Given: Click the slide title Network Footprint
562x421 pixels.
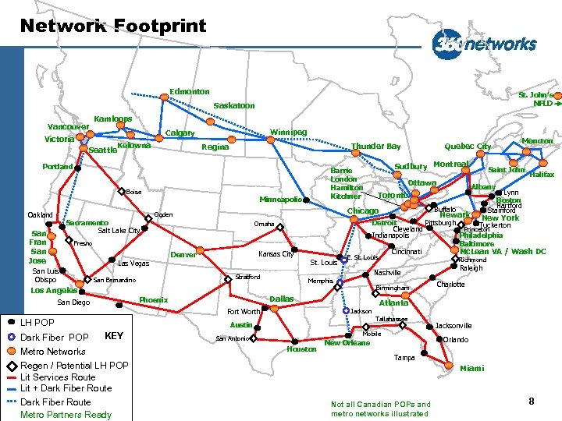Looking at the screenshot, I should click(113, 27).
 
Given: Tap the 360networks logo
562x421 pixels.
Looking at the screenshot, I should click(485, 43).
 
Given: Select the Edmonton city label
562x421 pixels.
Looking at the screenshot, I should click(190, 92).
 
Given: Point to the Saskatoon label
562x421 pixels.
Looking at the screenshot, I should click(234, 105).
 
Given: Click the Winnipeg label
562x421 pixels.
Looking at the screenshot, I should click(288, 132).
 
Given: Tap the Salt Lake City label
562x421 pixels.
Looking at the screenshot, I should click(119, 231).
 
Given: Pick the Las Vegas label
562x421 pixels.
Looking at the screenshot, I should click(133, 264).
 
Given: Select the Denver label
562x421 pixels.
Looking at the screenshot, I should click(183, 255).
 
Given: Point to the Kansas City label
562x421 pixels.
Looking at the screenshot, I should click(276, 254).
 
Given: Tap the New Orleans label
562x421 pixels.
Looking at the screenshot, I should click(347, 343).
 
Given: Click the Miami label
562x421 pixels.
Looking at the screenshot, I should click(472, 368).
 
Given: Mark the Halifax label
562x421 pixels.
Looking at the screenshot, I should click(542, 175).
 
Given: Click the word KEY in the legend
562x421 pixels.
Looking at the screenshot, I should click(114, 336).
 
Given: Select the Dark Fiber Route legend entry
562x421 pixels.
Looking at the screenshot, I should click(55, 402).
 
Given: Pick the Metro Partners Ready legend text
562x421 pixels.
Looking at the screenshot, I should click(66, 414).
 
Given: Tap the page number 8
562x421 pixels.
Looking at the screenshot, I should click(531, 402).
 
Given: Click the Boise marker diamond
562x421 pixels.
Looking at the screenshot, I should click(121, 191).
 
